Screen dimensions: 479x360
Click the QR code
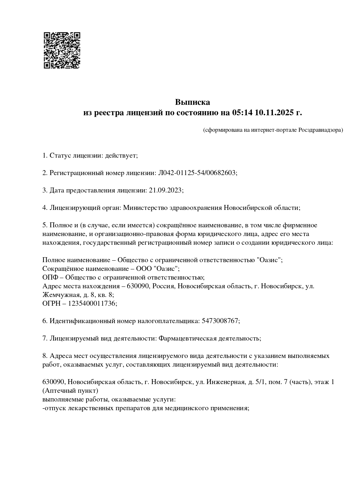click(62, 50)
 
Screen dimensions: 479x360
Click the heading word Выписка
click(192, 102)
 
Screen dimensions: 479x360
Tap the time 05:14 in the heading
click(242, 113)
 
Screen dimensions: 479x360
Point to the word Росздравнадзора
click(320, 130)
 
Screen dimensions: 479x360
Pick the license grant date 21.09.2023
click(165, 190)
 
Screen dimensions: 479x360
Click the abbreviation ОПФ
click(49, 277)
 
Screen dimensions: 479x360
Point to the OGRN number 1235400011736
click(92, 303)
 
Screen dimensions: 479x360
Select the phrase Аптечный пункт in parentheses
click(70, 390)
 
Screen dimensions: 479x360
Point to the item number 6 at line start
click(44, 321)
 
